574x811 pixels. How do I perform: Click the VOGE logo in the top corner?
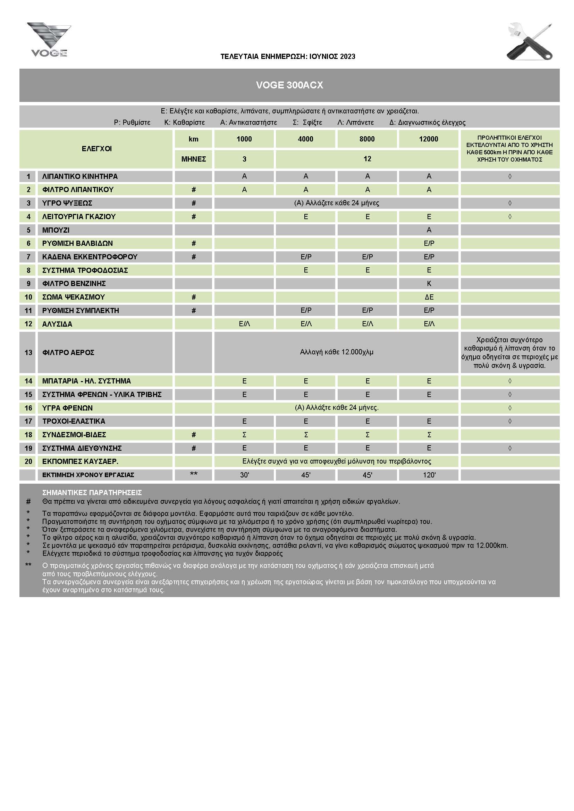[x=49, y=40]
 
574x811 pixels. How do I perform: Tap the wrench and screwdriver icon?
[x=530, y=42]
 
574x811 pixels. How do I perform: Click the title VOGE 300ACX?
[x=289, y=85]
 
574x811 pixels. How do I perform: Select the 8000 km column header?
[x=367, y=139]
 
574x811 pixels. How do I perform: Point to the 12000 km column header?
[x=428, y=139]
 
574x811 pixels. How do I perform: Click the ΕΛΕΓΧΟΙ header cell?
[x=96, y=149]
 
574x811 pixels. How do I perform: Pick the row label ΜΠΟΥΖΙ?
[x=56, y=230]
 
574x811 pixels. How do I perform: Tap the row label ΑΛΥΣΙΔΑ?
[x=57, y=324]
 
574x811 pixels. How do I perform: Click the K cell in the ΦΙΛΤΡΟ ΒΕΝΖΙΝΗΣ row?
[x=429, y=284]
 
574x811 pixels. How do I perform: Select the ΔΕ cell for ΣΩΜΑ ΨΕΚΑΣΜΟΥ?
[x=429, y=297]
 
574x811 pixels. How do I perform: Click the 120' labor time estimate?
[x=429, y=475]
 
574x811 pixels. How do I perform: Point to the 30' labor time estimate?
[x=244, y=475]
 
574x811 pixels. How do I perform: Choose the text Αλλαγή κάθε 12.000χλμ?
[x=337, y=352]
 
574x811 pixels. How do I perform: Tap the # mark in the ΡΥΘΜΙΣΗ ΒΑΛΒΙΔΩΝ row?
[x=193, y=243]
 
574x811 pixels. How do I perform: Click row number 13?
[x=28, y=353]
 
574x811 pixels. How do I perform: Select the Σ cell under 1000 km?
[x=244, y=435]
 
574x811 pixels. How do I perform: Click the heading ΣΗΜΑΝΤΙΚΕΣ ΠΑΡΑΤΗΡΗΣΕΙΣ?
[x=92, y=492]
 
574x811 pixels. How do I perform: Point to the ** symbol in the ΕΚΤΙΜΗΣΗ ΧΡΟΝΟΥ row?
[x=193, y=474]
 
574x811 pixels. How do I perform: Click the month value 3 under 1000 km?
[x=244, y=159]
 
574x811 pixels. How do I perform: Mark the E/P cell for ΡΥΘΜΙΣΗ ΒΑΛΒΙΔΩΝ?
[x=429, y=243]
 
